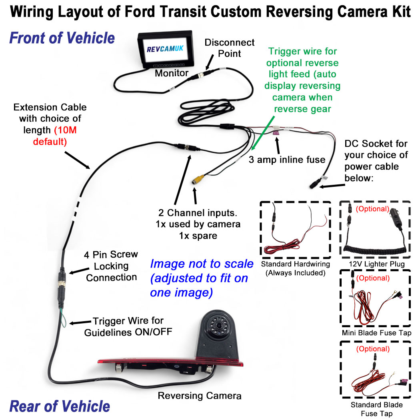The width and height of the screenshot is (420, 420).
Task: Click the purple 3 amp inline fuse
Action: (x=276, y=130)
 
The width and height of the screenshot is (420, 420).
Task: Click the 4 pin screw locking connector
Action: (x=62, y=280)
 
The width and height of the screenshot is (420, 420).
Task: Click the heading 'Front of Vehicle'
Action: (x=62, y=38)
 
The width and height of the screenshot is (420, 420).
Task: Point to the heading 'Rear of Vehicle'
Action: (x=60, y=406)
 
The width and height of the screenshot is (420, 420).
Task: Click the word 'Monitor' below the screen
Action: (x=172, y=73)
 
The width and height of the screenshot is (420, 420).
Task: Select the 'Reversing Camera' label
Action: (x=200, y=396)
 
